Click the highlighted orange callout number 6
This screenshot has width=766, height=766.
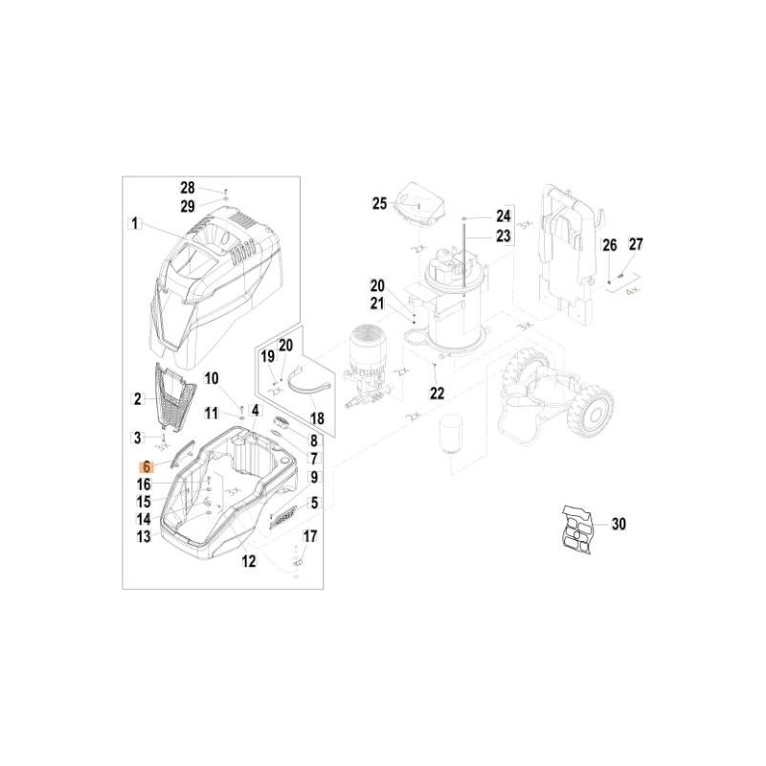point(146,467)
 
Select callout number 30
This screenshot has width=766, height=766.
point(619,524)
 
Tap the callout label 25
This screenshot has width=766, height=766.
point(379,203)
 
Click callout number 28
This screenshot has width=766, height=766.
point(188,188)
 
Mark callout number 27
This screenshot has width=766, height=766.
point(637,243)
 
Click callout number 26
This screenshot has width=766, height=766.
point(610,245)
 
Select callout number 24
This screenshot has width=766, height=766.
point(504,215)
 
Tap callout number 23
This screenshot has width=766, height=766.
point(504,235)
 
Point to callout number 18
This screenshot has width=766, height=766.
point(316,418)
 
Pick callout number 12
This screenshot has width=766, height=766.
point(249,562)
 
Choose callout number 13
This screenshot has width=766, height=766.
point(144,537)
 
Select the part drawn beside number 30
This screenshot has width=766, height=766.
point(577,528)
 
